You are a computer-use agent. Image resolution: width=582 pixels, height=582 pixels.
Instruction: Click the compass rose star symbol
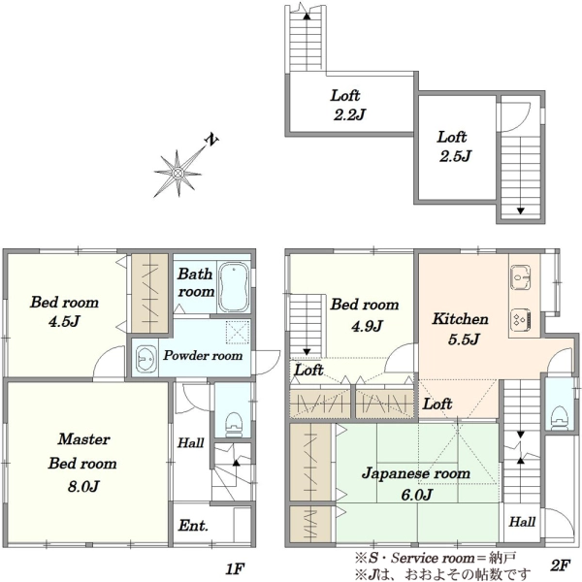178,173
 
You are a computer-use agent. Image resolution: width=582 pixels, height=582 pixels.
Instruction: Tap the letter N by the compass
211,140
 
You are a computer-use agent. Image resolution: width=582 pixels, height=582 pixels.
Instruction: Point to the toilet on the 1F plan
234,424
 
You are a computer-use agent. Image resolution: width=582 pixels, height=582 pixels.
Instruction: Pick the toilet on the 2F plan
560,417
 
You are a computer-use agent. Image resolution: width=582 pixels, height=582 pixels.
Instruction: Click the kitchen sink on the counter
521,276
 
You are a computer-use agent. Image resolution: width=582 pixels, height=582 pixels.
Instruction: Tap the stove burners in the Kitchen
521,319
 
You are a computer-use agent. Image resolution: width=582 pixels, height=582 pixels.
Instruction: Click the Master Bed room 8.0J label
82,463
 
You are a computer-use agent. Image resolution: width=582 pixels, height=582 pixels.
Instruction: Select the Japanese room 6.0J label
416,484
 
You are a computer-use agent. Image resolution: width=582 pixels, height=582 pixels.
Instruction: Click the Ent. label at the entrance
193,525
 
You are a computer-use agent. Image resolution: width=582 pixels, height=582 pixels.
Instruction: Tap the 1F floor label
235,568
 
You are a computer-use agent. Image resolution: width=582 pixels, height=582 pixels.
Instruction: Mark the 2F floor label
560,566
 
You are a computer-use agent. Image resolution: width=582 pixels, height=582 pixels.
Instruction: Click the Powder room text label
203,356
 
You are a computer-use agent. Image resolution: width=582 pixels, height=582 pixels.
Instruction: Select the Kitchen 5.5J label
460,329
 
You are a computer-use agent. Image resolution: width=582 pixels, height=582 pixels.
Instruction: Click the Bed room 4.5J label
64,311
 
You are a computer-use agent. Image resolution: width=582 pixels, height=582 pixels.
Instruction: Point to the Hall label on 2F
522,522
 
